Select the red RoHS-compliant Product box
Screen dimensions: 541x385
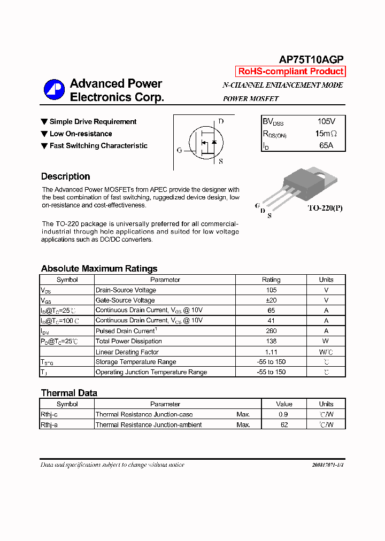pyautogui.click(x=290, y=72)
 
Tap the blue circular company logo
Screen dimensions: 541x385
pyautogui.click(x=54, y=90)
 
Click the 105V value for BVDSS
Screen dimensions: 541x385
pyautogui.click(x=326, y=122)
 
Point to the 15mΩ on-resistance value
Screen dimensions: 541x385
pyautogui.click(x=326, y=134)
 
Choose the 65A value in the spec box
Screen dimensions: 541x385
pyautogui.click(x=326, y=145)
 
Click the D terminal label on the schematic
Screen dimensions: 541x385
pyautogui.click(x=221, y=121)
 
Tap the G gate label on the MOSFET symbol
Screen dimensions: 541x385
pyautogui.click(x=179, y=150)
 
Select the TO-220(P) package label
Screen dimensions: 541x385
pyautogui.click(x=325, y=208)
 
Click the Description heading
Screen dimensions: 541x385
pyautogui.click(x=65, y=176)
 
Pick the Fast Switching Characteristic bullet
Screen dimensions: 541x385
pyautogui.click(x=98, y=145)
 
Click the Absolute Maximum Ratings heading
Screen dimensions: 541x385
pyautogui.click(x=99, y=268)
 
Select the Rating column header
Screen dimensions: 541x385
pyautogui.click(x=271, y=280)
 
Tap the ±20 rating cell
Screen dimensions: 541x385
pyautogui.click(x=271, y=300)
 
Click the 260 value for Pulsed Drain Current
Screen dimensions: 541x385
pyautogui.click(x=271, y=331)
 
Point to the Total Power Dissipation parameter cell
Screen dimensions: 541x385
pyautogui.click(x=128, y=341)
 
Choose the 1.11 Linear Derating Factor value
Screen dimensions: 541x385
pyautogui.click(x=271, y=352)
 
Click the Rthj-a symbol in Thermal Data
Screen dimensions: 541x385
pyautogui.click(x=49, y=425)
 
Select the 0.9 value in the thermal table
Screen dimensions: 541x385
pyautogui.click(x=284, y=414)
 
